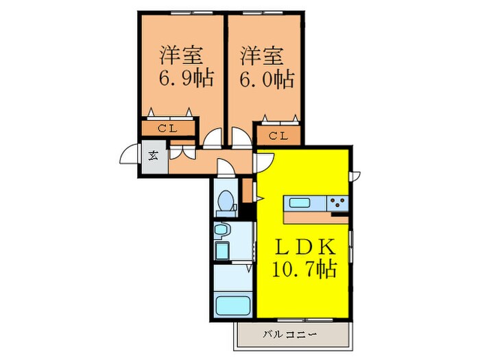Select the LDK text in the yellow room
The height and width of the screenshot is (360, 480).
[305, 246]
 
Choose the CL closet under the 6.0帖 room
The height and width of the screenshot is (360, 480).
[278, 135]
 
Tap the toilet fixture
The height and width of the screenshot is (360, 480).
[224, 202]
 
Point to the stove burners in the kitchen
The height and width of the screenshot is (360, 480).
[337, 202]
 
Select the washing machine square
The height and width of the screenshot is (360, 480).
[222, 251]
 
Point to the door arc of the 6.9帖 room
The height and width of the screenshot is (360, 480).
[213, 139]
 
